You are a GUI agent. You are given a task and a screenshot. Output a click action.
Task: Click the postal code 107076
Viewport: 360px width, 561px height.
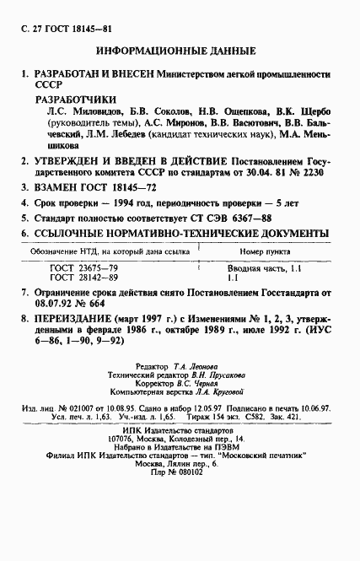click(x=126, y=440)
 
